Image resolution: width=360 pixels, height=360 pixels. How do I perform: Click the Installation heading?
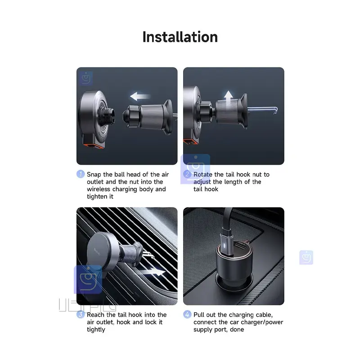[x=180, y=36]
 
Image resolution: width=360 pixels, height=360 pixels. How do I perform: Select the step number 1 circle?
[x=81, y=174]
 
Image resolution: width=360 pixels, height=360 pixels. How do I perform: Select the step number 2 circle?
[x=187, y=174]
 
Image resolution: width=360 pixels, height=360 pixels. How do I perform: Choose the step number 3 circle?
[x=81, y=315]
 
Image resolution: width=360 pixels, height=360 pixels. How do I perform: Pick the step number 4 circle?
[x=187, y=315]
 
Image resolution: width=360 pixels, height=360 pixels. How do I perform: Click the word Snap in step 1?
[x=94, y=175]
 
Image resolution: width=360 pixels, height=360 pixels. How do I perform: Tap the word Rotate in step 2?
[x=203, y=175]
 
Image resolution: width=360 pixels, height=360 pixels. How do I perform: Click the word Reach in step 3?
[x=96, y=315]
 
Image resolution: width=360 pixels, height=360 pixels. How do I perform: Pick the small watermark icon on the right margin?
[x=306, y=257]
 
